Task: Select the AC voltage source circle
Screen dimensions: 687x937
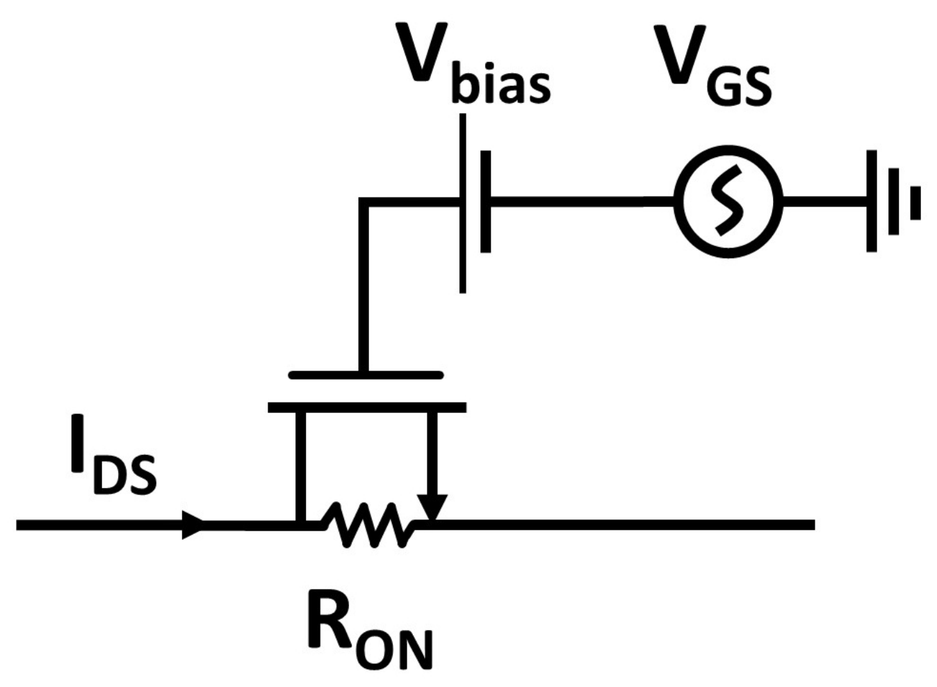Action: (728, 202)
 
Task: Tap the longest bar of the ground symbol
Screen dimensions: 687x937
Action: (871, 202)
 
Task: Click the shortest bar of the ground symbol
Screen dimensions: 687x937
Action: (915, 202)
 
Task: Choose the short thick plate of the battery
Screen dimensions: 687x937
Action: (485, 202)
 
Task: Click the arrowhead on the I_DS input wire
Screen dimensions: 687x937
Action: (193, 524)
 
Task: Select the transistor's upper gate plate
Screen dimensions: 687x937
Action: (366, 375)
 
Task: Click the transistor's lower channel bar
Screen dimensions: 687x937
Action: (367, 407)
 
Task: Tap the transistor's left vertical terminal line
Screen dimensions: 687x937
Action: (300, 466)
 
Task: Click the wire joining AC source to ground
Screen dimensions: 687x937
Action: (824, 202)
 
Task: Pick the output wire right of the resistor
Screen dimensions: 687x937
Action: (626, 524)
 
